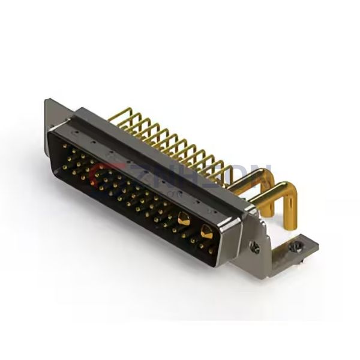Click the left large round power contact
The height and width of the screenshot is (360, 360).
click(183, 220)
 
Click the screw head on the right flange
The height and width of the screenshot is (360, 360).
click(256, 247)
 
